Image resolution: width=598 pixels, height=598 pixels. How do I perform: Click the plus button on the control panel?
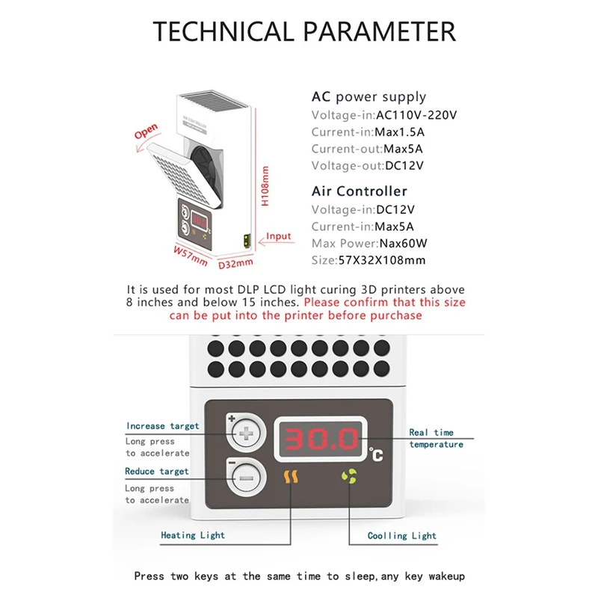[x=246, y=433]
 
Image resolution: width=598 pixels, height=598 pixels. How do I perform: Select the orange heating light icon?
[x=290, y=475]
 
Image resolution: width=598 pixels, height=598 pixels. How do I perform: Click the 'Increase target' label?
[x=163, y=426]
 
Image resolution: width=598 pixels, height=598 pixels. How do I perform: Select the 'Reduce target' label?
[x=157, y=472]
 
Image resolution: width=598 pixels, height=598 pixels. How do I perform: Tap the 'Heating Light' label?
[x=193, y=535]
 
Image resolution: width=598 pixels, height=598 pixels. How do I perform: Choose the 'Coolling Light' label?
[x=402, y=535]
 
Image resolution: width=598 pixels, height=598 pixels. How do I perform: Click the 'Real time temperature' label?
[x=436, y=438]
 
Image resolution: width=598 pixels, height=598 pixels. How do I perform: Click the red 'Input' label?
[x=279, y=237]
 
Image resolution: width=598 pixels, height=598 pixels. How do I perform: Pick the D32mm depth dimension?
[x=236, y=262]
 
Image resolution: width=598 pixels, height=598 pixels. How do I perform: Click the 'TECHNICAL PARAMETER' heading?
[x=304, y=31]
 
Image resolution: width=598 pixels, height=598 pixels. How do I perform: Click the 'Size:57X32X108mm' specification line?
[x=369, y=261]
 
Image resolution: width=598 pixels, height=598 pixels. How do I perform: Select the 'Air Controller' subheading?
[x=360, y=191]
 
